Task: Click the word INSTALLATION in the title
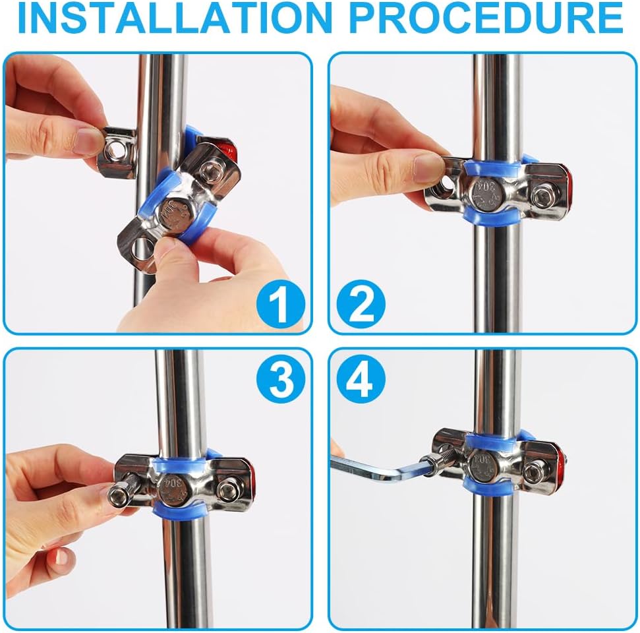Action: [x=175, y=18]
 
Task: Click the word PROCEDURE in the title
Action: [x=486, y=18]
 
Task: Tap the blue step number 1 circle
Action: [x=281, y=304]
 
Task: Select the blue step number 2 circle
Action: [x=361, y=304]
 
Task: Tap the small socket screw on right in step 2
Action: [x=542, y=196]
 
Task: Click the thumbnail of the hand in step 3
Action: [x=61, y=557]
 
